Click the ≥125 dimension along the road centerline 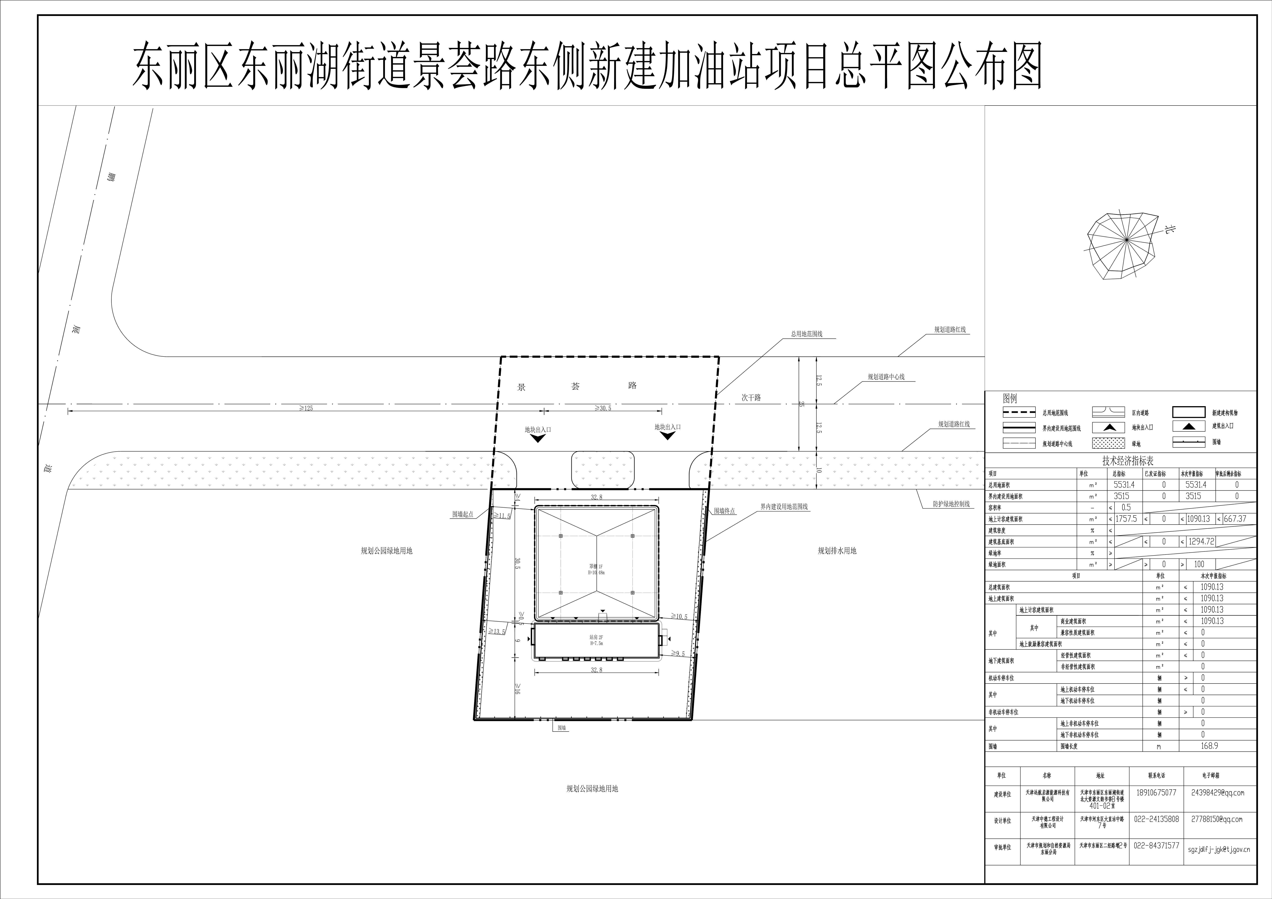(x=306, y=408)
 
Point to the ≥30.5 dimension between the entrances (x=603, y=408)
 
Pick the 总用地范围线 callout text (x=806, y=334)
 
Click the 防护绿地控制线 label (x=951, y=504)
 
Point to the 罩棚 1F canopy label (x=596, y=569)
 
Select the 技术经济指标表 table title (x=1127, y=461)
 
